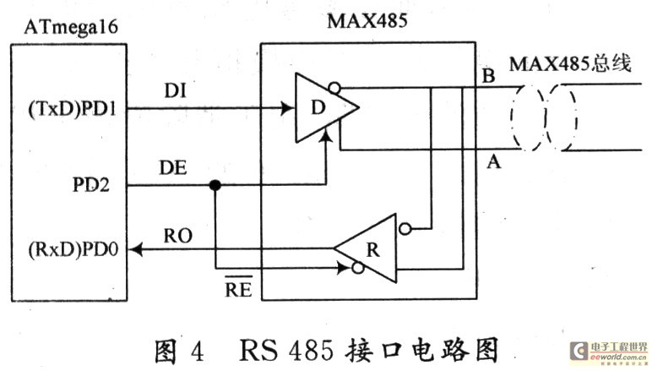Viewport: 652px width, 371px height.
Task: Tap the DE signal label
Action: tap(172, 169)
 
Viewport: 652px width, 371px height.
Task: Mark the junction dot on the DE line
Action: tap(216, 186)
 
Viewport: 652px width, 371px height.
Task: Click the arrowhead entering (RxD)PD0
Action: tap(138, 249)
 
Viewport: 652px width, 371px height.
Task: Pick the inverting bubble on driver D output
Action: tap(335, 85)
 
